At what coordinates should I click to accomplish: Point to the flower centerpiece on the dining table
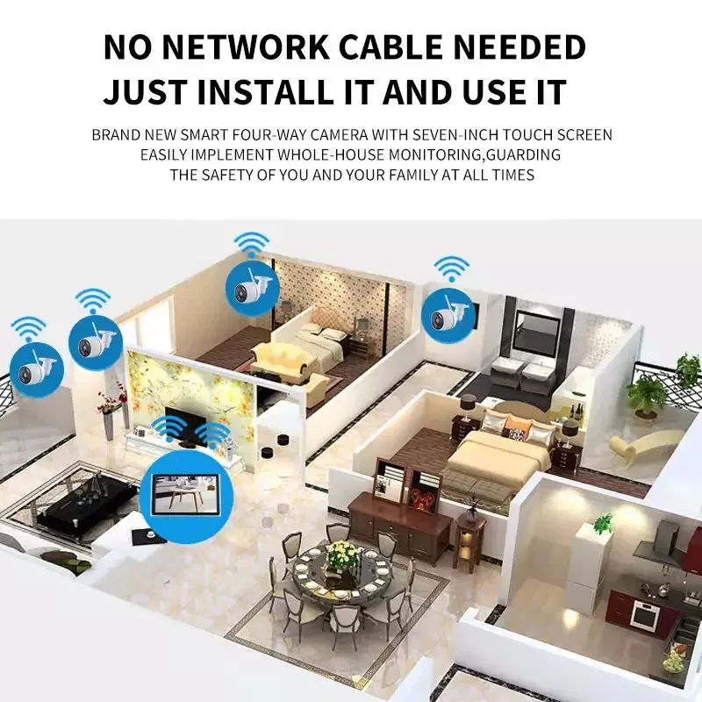coord(343,555)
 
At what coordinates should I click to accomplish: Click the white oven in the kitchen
coord(645,615)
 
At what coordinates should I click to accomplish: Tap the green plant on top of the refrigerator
coord(603,524)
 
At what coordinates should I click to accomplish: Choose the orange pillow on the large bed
coord(516,432)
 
